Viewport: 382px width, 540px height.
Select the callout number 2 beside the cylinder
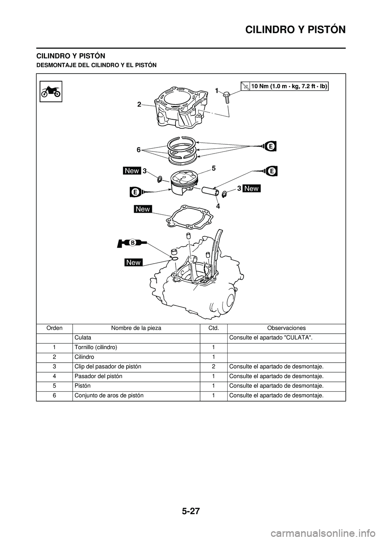[139, 104]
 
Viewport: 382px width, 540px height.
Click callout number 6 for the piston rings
[138, 150]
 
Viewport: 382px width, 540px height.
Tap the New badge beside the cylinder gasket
[143, 209]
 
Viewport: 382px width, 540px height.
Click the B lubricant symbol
[132, 242]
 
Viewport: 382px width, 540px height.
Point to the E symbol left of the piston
[135, 192]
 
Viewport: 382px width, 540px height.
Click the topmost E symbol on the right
[270, 146]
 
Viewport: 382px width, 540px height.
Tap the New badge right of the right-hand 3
[251, 188]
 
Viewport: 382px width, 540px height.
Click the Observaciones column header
[286, 328]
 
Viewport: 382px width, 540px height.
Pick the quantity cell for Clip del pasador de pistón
[213, 366]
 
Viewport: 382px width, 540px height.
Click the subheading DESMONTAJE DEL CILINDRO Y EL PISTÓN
[97, 64]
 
